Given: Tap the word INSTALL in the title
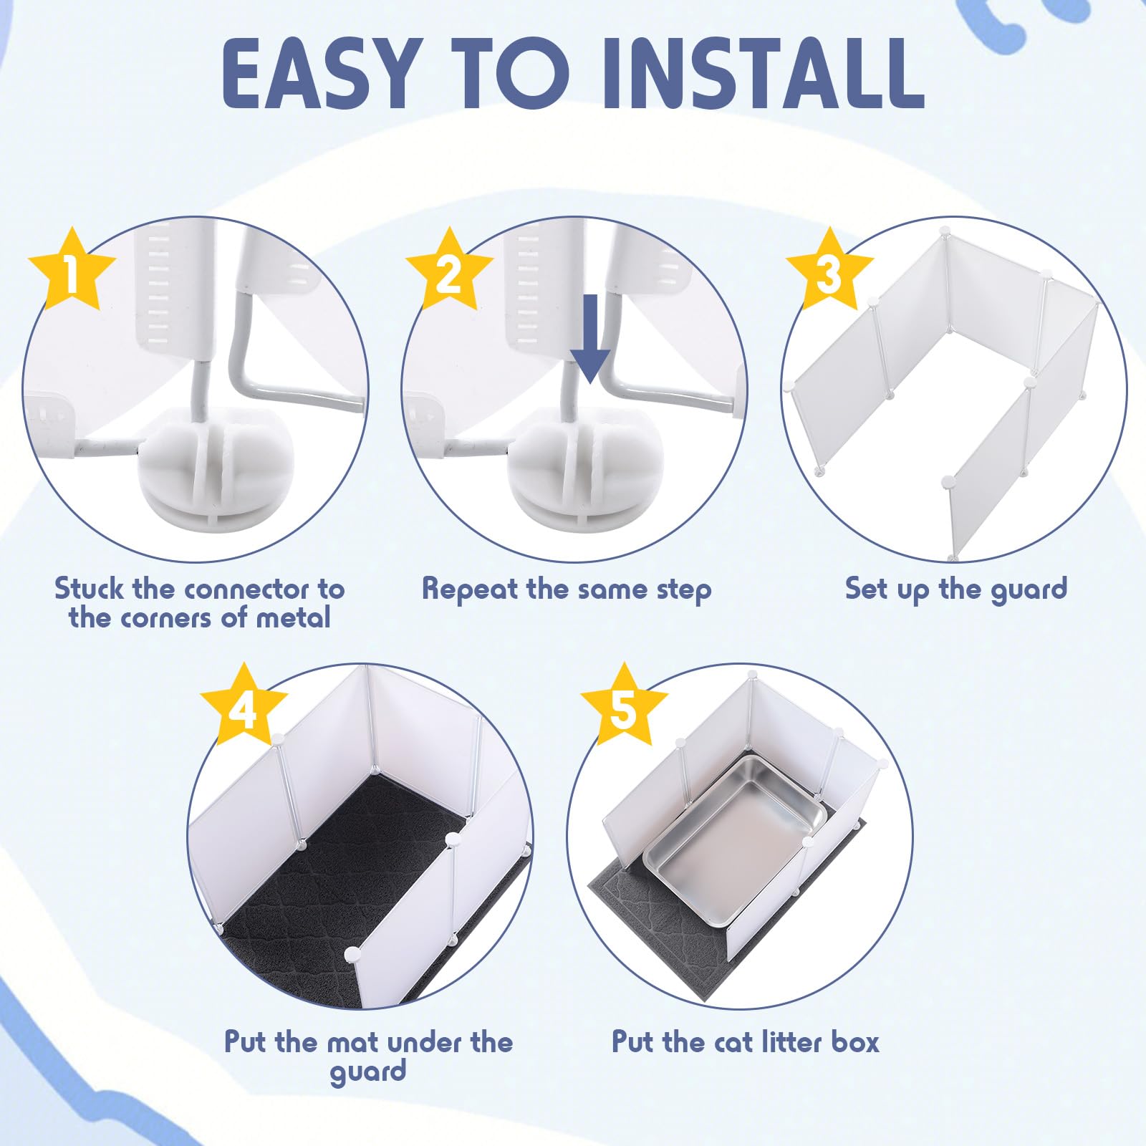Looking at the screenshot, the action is pos(763,73).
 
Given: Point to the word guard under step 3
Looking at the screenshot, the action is pos(1029,590).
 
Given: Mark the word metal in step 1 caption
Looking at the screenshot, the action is pos(293,617).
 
